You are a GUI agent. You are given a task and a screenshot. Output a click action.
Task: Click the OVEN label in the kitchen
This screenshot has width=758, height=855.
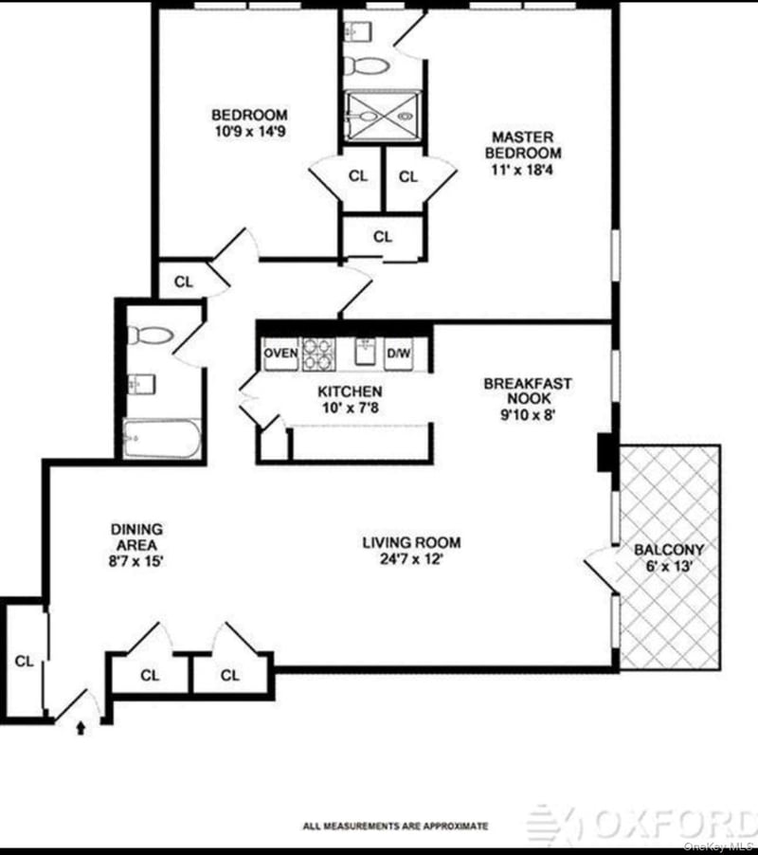tap(280, 354)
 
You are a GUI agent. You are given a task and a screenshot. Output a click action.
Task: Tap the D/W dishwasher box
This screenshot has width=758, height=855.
tap(398, 354)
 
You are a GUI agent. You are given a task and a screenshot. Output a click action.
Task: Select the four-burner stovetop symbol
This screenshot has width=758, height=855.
tap(318, 354)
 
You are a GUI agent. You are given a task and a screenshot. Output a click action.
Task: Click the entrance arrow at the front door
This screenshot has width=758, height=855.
tap(81, 728)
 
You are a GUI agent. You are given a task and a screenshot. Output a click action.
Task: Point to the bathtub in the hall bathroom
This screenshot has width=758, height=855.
tap(162, 439)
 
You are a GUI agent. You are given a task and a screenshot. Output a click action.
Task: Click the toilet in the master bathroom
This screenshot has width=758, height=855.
tap(367, 67)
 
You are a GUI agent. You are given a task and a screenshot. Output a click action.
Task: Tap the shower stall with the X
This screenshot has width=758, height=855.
tap(383, 117)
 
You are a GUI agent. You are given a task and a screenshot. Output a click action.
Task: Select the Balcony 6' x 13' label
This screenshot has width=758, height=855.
tap(669, 557)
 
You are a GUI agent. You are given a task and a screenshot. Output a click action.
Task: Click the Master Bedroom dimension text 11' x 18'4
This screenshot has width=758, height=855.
tap(522, 170)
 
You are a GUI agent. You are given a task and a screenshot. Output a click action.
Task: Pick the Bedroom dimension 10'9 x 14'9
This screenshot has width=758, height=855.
tap(250, 132)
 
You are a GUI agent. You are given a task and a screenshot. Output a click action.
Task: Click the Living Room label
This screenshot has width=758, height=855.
tap(411, 542)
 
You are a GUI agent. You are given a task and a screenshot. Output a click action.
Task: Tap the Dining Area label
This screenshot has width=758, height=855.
tap(136, 537)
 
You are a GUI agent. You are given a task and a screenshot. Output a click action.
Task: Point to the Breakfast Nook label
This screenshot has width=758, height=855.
tap(528, 391)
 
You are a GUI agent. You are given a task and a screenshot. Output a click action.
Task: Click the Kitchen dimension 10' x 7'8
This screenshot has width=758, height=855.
tap(351, 408)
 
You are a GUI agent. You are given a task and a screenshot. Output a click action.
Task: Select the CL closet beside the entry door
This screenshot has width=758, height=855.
tap(24, 662)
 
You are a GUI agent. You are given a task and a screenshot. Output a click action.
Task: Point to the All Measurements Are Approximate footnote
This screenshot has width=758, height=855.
tap(396, 827)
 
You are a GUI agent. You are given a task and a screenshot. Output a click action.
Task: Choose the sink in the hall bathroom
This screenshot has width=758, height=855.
tap(142, 384)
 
